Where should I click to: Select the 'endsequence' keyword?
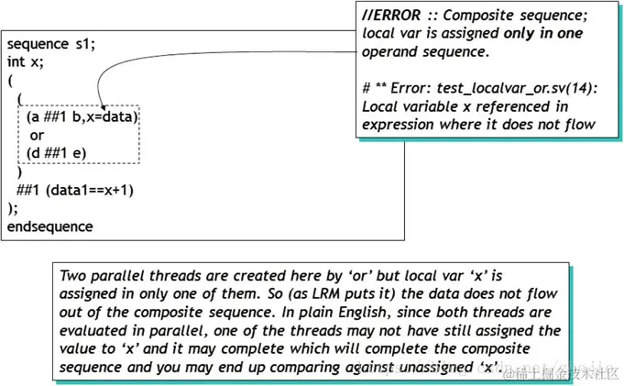click(49, 226)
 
